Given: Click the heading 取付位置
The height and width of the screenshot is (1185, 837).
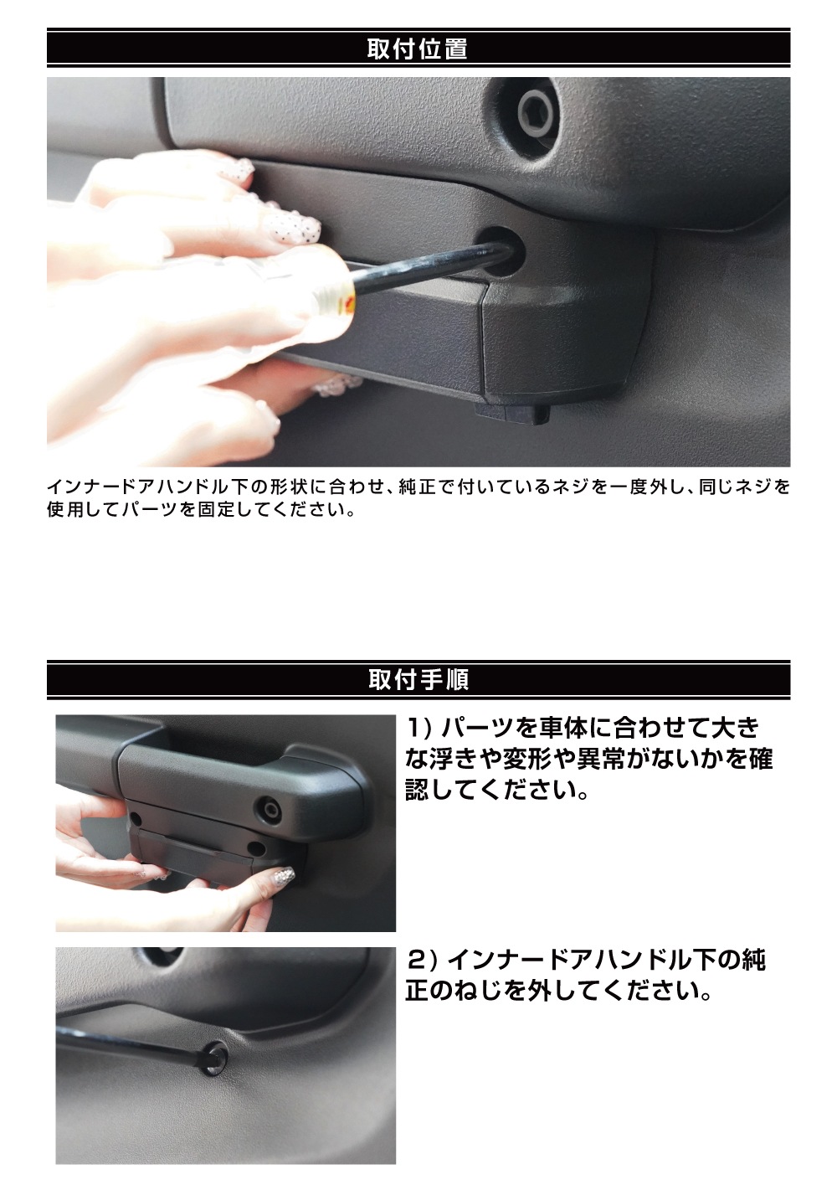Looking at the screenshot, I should click(x=417, y=49).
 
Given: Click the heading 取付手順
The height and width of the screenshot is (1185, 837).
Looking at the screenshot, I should click(x=417, y=679).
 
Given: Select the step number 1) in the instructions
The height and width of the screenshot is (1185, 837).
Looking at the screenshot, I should click(x=418, y=725).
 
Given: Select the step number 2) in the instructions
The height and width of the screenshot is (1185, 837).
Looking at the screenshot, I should click(x=418, y=959).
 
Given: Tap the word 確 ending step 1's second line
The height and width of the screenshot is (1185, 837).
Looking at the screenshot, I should click(x=760, y=759).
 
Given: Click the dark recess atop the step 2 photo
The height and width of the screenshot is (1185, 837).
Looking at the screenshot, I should click(x=159, y=956).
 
